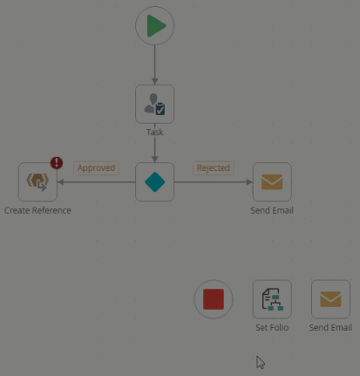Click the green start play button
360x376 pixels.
(x=155, y=26)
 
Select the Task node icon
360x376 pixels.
(x=155, y=104)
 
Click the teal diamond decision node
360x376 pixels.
(x=155, y=182)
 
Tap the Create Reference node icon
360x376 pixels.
(x=37, y=182)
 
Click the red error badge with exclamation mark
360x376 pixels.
(x=57, y=163)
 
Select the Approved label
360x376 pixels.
(x=96, y=168)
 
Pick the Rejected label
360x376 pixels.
(x=214, y=168)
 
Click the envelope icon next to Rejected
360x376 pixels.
(x=272, y=182)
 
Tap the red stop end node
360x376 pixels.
(x=214, y=299)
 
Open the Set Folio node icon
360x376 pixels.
(x=272, y=299)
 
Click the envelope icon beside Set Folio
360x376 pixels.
(x=330, y=299)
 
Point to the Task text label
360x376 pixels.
(x=155, y=133)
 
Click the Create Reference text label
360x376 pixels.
(x=37, y=210)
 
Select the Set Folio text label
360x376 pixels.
(x=272, y=327)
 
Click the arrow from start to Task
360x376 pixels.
(x=155, y=65)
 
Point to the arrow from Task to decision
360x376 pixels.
(x=155, y=150)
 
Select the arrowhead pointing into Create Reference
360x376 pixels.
(x=61, y=182)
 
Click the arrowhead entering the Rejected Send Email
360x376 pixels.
(x=249, y=182)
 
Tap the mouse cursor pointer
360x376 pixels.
(x=261, y=363)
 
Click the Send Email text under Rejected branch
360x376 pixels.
(x=272, y=210)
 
